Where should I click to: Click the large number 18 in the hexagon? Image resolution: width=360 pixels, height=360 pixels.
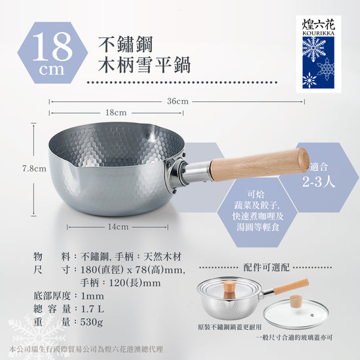point(52,46)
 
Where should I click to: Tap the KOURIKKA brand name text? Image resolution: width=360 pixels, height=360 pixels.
point(319,33)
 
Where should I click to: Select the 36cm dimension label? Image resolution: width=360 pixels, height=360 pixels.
point(177,101)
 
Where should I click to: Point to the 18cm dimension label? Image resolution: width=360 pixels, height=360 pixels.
point(116,113)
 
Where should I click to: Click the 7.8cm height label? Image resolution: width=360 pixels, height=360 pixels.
point(34,169)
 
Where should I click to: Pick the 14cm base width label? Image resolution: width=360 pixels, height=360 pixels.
point(118,227)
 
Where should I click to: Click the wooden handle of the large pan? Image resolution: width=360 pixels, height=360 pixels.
point(260,163)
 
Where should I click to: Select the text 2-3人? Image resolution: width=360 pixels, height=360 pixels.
point(319,182)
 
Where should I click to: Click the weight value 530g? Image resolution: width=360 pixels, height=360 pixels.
point(92,322)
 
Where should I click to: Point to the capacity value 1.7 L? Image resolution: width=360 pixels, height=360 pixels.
point(92,309)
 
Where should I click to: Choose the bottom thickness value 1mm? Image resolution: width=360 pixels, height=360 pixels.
point(92,296)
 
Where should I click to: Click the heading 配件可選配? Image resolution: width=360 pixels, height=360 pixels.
point(266,268)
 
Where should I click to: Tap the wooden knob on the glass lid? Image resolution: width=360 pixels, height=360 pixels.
point(295,302)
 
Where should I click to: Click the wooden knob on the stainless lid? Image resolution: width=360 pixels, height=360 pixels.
point(229,290)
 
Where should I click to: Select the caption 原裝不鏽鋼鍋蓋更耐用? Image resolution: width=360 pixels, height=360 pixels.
point(230,327)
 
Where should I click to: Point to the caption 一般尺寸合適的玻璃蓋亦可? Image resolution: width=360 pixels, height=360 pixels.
point(295,337)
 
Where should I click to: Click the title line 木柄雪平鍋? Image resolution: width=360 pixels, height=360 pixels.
point(145,65)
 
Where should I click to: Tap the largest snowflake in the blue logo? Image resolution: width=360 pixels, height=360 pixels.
point(314,48)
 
